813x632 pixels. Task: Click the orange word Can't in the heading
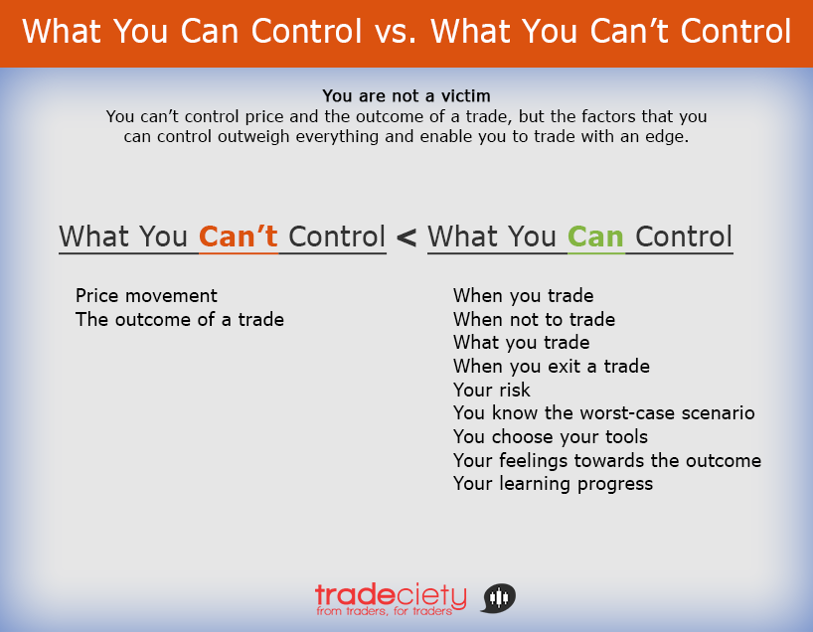click(239, 237)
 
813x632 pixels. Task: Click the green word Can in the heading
click(595, 237)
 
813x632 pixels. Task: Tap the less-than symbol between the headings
click(406, 237)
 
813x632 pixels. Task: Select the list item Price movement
click(146, 296)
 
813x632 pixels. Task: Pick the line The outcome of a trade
click(180, 320)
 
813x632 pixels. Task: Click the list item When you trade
click(523, 296)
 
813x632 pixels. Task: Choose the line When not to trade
click(534, 320)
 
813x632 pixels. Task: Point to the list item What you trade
click(521, 343)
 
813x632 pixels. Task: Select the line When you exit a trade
click(551, 367)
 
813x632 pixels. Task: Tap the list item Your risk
click(491, 391)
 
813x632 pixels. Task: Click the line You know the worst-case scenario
click(603, 413)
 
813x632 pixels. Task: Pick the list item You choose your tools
click(550, 437)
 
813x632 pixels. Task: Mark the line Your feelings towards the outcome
click(606, 461)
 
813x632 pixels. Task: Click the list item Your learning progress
click(553, 484)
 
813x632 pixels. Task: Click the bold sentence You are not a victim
click(406, 96)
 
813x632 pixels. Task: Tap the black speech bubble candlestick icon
click(499, 597)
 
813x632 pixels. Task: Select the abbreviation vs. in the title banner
click(397, 32)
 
